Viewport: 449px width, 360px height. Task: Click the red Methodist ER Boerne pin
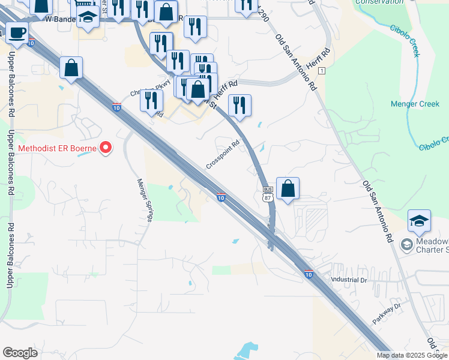[x=106, y=147]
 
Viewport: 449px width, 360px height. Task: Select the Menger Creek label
[x=415, y=104]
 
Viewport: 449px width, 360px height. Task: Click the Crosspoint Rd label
[x=223, y=155]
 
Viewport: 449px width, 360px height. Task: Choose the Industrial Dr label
[x=349, y=280]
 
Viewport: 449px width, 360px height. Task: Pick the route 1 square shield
[x=322, y=71]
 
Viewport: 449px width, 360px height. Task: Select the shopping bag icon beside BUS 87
[x=288, y=188]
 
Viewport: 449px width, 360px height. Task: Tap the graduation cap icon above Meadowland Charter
[x=419, y=221]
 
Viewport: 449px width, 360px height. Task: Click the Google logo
[x=20, y=353]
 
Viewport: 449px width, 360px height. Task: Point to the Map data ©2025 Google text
[x=412, y=355]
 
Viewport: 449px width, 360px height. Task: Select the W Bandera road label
[x=61, y=19]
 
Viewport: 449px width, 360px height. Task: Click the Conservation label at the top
[x=379, y=2]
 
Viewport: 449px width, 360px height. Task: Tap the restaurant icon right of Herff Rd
[x=240, y=106]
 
